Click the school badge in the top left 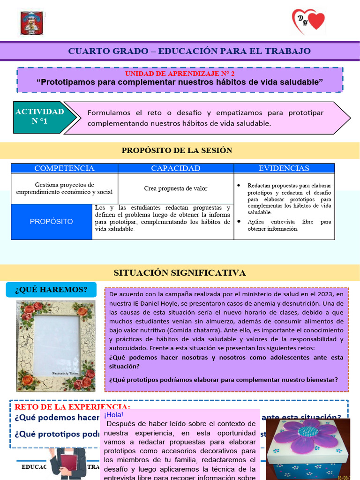coord(31,23)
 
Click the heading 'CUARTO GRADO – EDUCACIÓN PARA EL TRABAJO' coord(189,51)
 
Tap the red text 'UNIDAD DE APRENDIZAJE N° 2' coord(180,74)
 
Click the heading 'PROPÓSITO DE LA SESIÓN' coord(177,150)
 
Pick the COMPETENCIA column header coord(64,168)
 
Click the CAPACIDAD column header coord(176,168)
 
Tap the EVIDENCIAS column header coord(284,168)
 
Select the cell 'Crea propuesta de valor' coord(176,188)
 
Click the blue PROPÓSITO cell coord(52,221)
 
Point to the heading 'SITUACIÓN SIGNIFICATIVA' coord(180,273)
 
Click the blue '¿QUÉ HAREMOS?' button coord(51,290)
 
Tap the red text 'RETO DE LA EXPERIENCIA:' coord(73,406)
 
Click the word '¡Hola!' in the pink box coord(114,415)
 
